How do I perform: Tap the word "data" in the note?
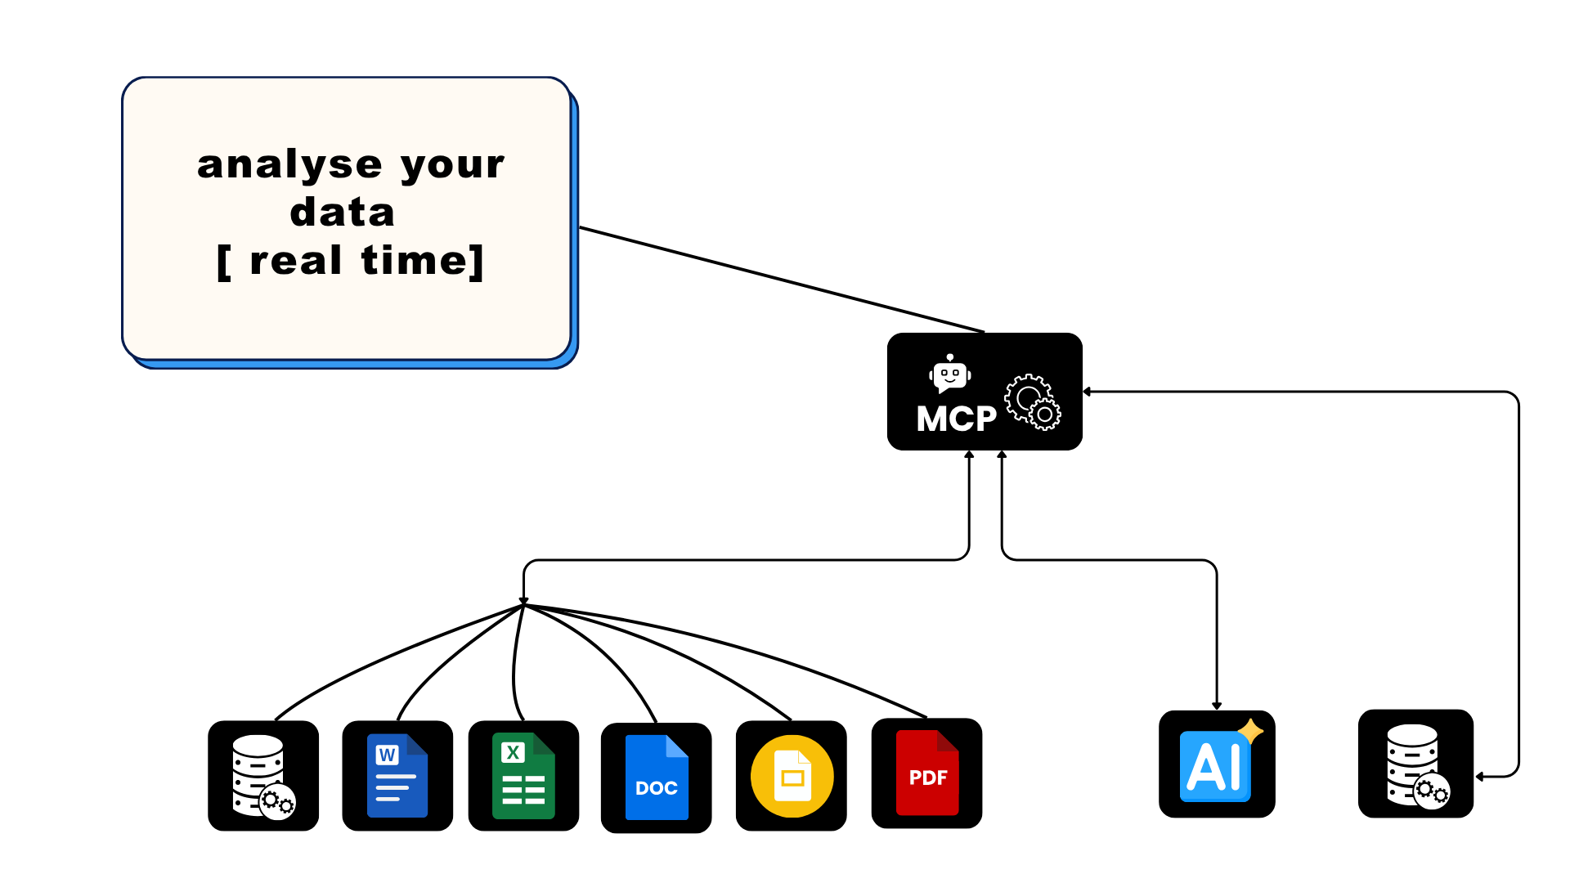(x=343, y=213)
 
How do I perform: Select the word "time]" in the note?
(x=423, y=261)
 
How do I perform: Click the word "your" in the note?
(x=452, y=166)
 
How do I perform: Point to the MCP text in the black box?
(x=956, y=419)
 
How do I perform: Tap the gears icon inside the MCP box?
(x=1033, y=401)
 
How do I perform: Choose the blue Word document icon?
(x=397, y=776)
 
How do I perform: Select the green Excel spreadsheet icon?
(x=523, y=776)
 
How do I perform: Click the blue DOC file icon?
(x=656, y=778)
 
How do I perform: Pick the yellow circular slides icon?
(x=792, y=776)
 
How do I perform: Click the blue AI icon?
(x=1215, y=766)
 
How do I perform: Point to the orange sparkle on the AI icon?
(x=1250, y=731)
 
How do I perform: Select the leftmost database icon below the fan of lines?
(x=262, y=776)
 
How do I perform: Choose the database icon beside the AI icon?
(x=1415, y=764)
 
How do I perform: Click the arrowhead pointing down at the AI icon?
(x=1217, y=705)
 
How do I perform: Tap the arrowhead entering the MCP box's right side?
(x=1088, y=392)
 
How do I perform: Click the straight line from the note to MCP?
(x=782, y=280)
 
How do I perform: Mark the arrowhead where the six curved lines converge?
(x=523, y=601)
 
